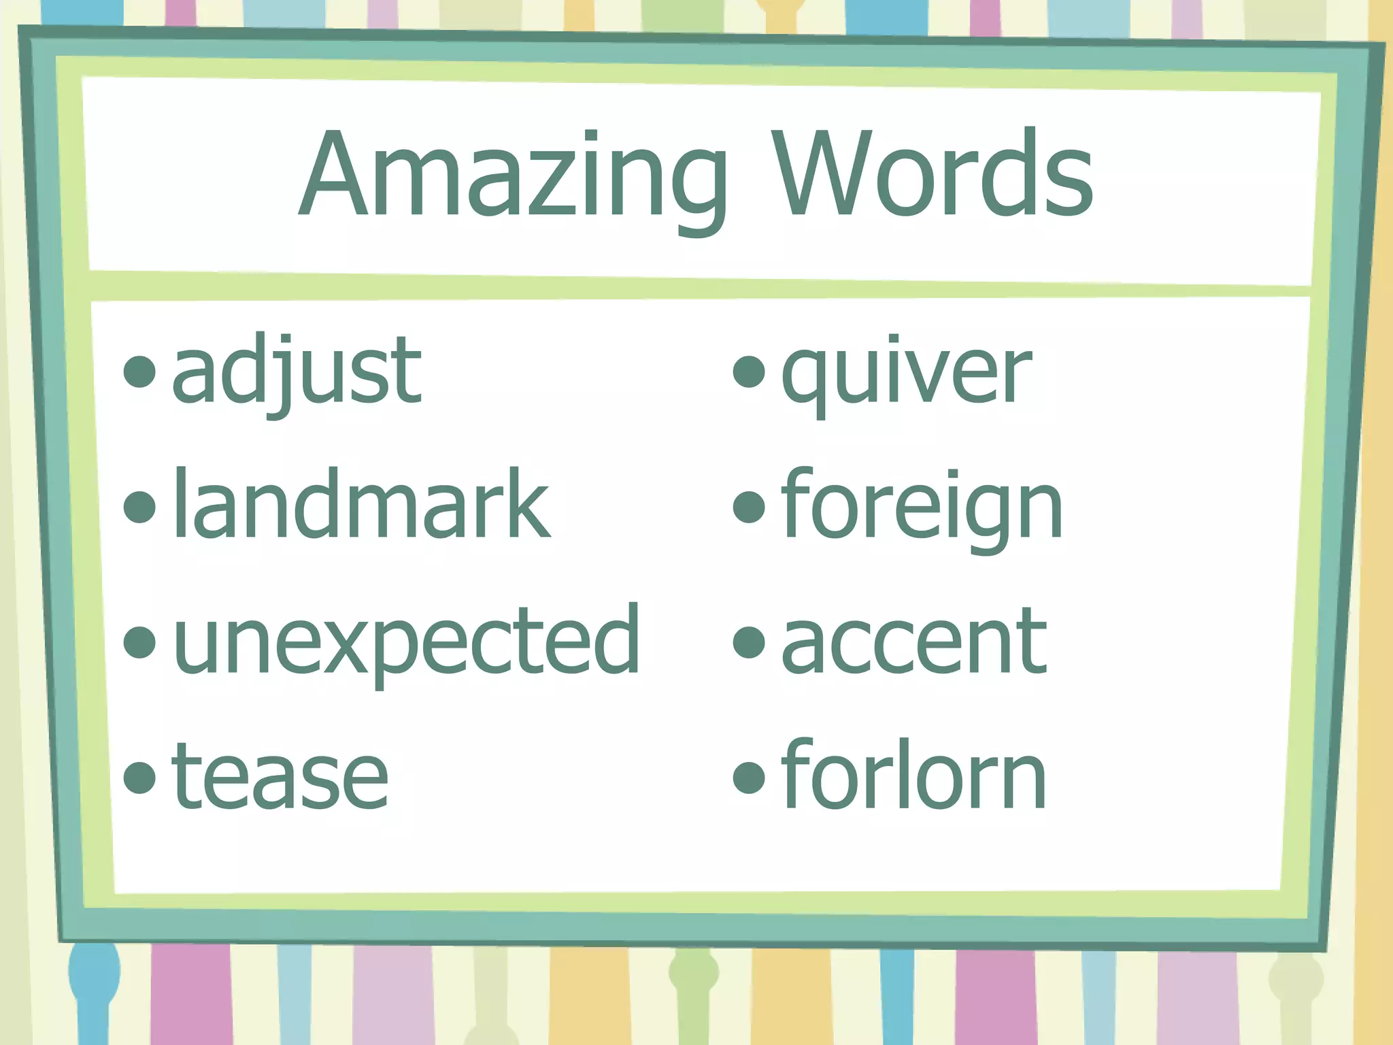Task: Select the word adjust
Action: tap(297, 372)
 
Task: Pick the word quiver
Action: tap(906, 372)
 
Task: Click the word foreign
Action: tap(922, 507)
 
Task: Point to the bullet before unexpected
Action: tap(140, 642)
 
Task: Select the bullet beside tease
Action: tap(140, 777)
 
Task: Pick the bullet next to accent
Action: tap(750, 642)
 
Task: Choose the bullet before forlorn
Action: tap(750, 777)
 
